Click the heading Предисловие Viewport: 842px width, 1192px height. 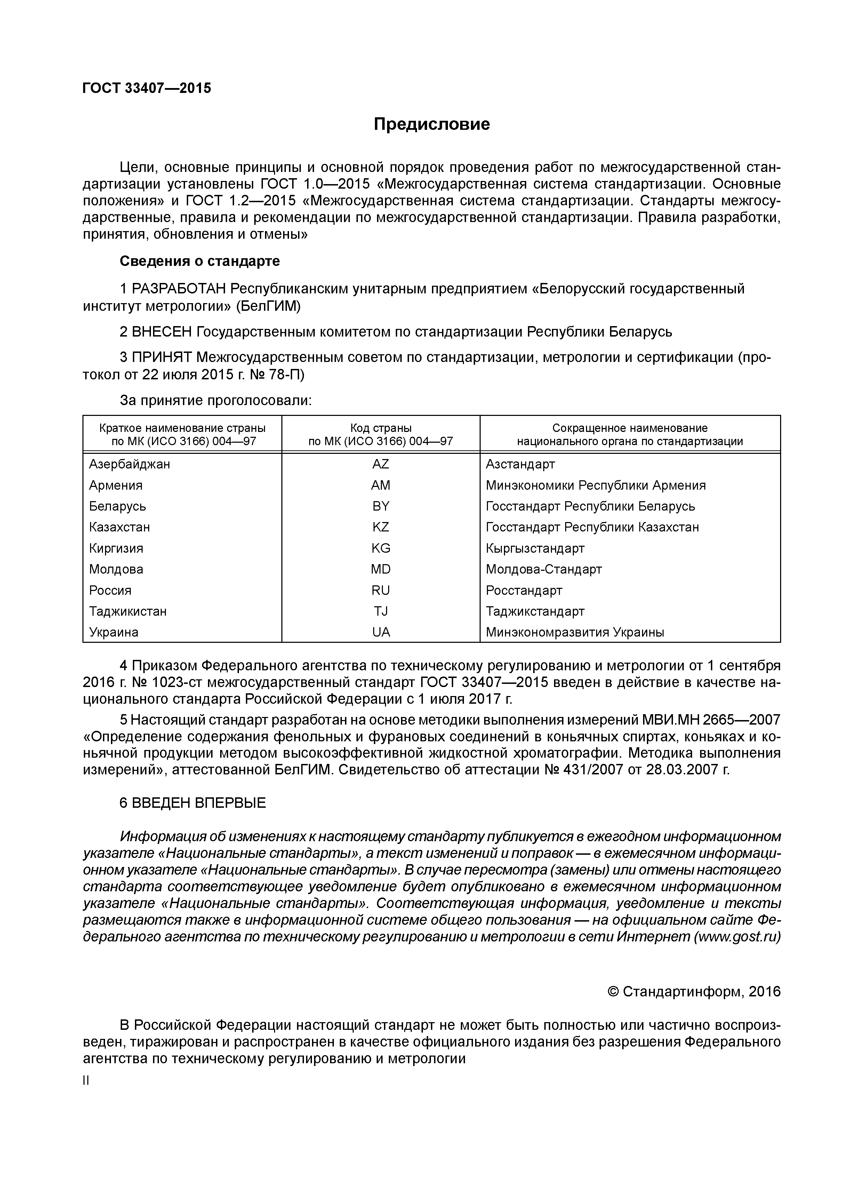[432, 125]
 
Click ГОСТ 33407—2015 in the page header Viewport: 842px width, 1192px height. [147, 88]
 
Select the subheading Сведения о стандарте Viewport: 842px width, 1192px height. [199, 261]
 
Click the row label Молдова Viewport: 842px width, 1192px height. [116, 569]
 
